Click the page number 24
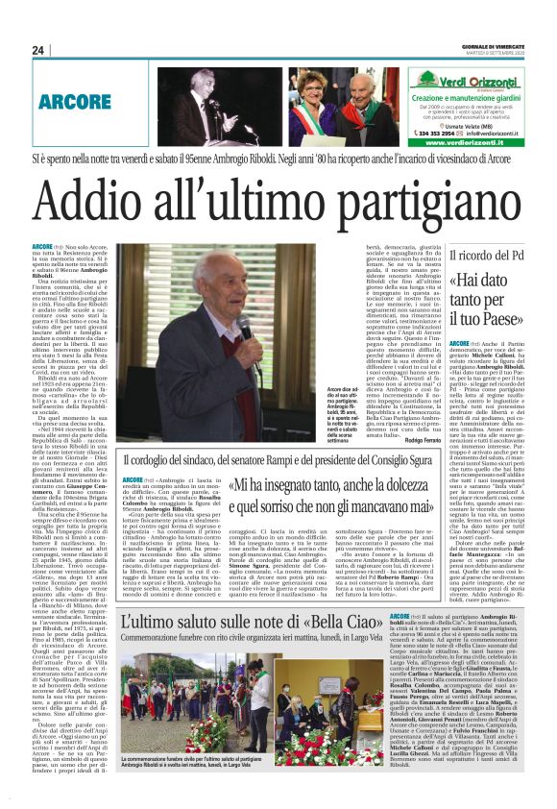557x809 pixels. pos(38,51)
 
